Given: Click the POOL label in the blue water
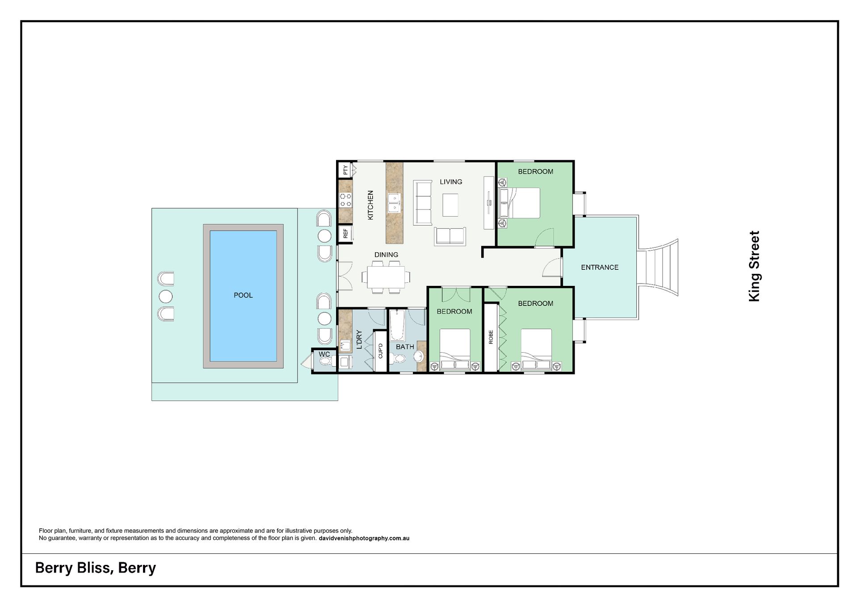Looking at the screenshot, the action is coord(243,295).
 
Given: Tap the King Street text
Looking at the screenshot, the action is coord(754,266).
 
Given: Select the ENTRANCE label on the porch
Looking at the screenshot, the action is coord(600,267).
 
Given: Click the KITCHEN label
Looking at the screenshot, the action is coord(370,205).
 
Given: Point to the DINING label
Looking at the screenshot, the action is coord(386,255).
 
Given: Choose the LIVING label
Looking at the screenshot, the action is coord(451,182).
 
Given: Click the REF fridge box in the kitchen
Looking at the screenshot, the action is coord(345,233).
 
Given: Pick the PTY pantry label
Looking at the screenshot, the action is coord(345,170).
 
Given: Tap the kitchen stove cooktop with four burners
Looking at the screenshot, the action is coord(345,200).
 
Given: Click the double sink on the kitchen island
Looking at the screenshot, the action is coord(394,203).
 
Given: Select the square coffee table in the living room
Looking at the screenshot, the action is coord(450,205).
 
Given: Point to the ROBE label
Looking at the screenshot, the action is coord(491,337).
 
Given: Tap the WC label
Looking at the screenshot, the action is coord(324,355).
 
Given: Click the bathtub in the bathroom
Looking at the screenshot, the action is coord(397,325).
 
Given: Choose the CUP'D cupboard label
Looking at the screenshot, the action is coord(380,351).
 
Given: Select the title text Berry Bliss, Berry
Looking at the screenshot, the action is coord(96,568).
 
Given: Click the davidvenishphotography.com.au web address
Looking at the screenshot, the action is coord(364,538).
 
